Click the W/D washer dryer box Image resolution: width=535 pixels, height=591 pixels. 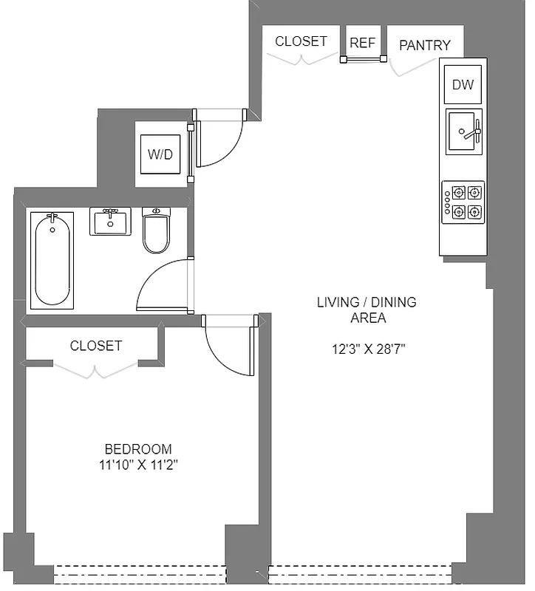tap(160, 154)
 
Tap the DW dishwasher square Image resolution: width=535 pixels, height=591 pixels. tap(463, 85)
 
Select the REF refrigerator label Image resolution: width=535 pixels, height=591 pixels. tap(362, 43)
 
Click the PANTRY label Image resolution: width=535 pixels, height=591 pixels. tap(425, 45)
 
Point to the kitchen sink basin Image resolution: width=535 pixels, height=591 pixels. tap(463, 132)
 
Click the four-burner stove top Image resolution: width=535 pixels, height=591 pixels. tap(463, 202)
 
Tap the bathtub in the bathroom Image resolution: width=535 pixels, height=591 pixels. tap(53, 260)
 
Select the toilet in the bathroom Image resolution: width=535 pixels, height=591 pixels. tap(156, 230)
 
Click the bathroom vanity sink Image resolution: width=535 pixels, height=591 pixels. tap(110, 221)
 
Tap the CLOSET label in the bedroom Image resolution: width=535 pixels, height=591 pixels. tap(96, 346)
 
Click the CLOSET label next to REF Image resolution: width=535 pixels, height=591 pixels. tap(301, 41)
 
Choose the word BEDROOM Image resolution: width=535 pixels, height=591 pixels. tap(138, 449)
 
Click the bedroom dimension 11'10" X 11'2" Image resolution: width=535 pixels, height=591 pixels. tap(138, 465)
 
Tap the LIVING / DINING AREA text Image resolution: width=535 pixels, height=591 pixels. tap(367, 310)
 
